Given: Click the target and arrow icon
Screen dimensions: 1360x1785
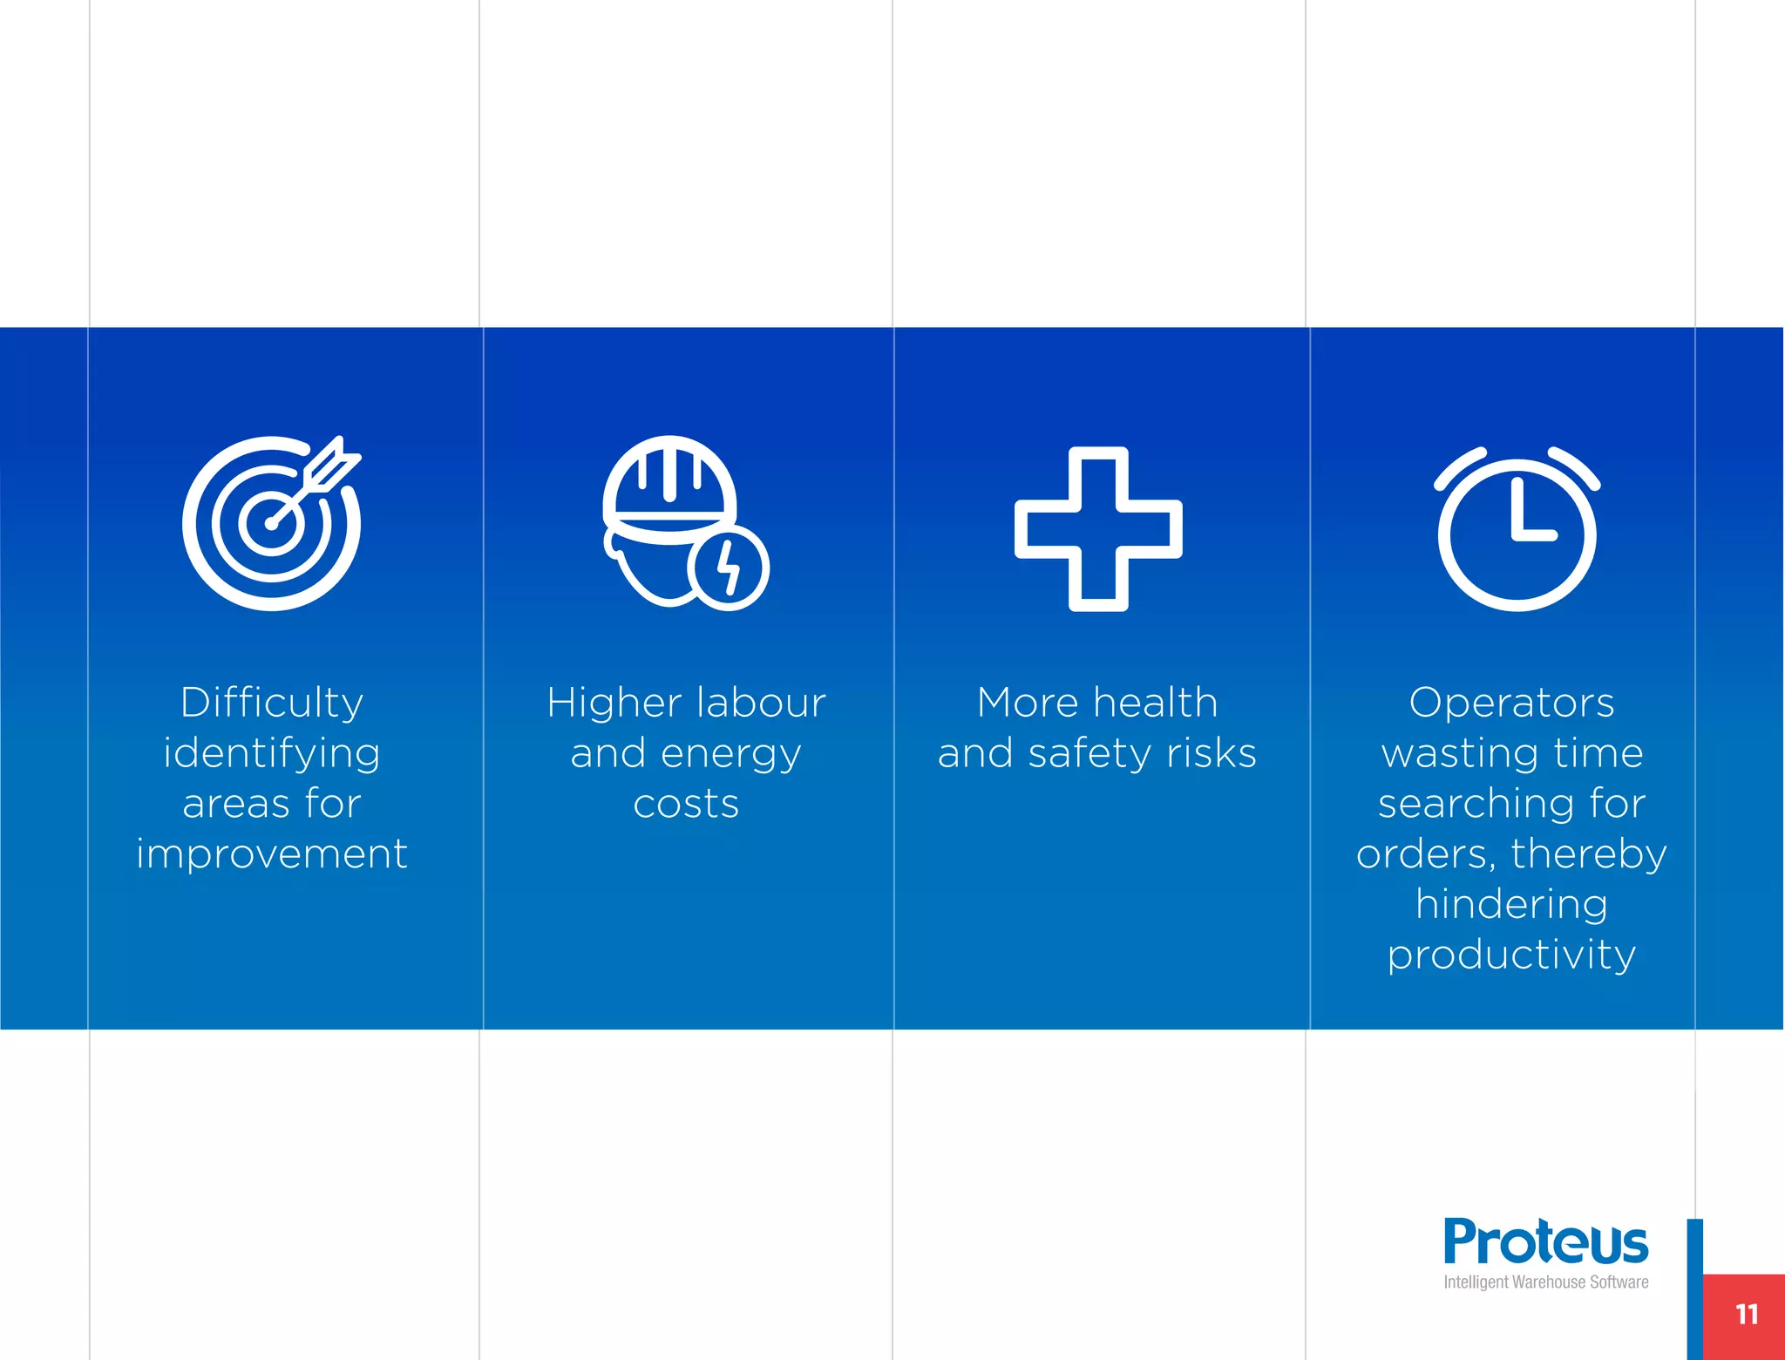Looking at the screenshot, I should click(x=271, y=523).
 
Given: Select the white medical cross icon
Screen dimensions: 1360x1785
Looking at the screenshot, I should click(x=1098, y=529).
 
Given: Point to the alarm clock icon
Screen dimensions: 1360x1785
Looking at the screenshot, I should click(x=1517, y=529).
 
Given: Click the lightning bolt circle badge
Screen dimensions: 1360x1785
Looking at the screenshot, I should click(x=729, y=568).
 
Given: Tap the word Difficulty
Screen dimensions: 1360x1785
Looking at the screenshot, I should click(x=271, y=703).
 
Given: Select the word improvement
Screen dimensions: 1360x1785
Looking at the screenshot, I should click(x=271, y=853).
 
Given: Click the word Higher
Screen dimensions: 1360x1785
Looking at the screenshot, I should click(x=614, y=703).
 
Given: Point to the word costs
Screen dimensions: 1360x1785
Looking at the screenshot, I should click(x=686, y=804).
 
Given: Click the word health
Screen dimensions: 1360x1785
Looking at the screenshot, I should click(x=1155, y=703).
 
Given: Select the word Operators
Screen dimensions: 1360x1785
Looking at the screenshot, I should click(x=1511, y=703).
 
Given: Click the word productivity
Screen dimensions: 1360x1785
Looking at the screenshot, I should click(x=1511, y=955).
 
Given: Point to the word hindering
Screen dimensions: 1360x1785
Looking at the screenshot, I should click(x=1511, y=904).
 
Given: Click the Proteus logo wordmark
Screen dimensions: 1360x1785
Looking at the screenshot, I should click(x=1545, y=1241).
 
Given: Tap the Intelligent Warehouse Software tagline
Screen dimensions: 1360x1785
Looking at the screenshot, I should click(x=1545, y=1282).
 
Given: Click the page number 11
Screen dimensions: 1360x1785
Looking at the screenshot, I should click(x=1746, y=1315).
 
